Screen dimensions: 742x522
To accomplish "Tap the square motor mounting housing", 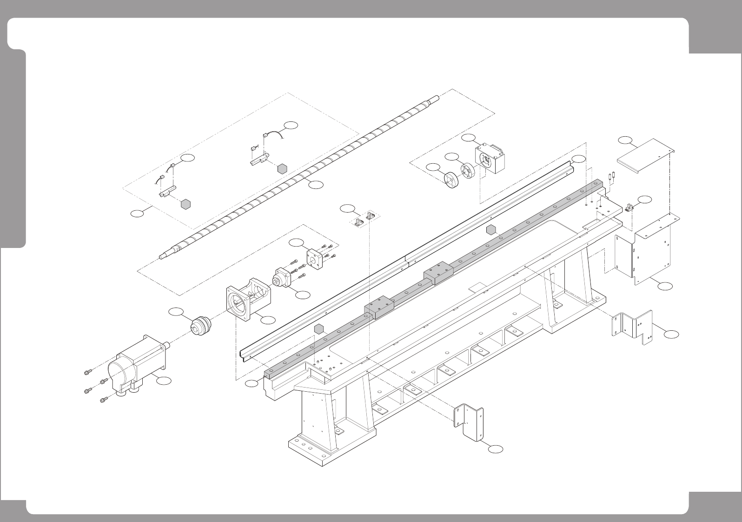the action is pos(248,298).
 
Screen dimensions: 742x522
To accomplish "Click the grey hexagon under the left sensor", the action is pos(186,204).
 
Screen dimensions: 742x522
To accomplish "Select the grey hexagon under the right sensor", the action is pos(282,168).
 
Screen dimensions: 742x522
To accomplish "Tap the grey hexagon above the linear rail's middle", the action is pos(490,229).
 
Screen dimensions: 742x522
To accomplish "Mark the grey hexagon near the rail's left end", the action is pos(318,329).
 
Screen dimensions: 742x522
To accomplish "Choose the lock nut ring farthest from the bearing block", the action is pos(450,180).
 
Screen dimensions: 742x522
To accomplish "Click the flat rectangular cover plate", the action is pos(646,153).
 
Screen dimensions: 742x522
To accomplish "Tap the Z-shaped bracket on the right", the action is pos(633,326).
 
